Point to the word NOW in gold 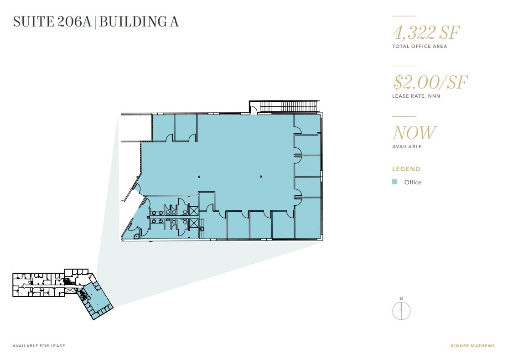[x=414, y=132]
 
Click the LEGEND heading [x=406, y=169]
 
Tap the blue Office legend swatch [x=394, y=182]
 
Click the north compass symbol [x=401, y=310]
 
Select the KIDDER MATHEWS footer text [x=473, y=345]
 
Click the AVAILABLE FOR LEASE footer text [x=39, y=345]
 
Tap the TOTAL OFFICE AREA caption [x=420, y=47]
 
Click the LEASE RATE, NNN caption [x=416, y=96]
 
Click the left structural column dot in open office [x=199, y=177]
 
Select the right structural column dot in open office [x=261, y=177]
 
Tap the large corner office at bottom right [x=308, y=218]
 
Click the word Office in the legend [x=413, y=183]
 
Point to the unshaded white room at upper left [x=136, y=128]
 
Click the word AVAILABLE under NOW [x=407, y=146]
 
